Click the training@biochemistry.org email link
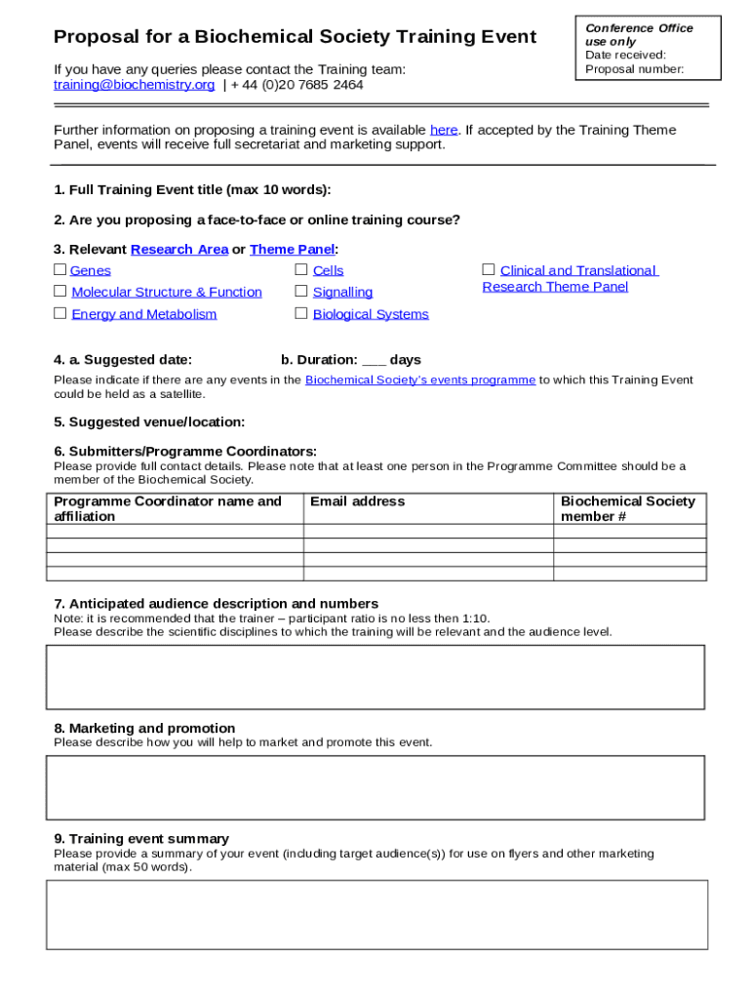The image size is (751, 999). click(x=134, y=85)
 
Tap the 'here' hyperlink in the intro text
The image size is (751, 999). click(x=444, y=130)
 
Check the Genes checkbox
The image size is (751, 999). click(x=60, y=270)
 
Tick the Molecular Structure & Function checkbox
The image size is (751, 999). click(x=60, y=292)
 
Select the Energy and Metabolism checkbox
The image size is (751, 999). click(x=60, y=313)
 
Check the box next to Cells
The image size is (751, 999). click(x=301, y=270)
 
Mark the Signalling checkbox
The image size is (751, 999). click(x=301, y=292)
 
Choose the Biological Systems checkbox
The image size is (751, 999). click(x=301, y=313)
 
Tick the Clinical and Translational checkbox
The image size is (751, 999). click(x=489, y=269)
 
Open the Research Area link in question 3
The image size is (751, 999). click(x=179, y=249)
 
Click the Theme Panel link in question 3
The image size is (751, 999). click(x=292, y=249)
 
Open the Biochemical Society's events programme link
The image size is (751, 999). click(x=420, y=380)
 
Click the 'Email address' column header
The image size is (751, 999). click(x=357, y=501)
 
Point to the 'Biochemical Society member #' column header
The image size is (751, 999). click(x=628, y=508)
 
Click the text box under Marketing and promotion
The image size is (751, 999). click(x=375, y=787)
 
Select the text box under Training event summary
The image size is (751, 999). click(x=375, y=914)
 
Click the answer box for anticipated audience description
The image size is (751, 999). click(x=375, y=676)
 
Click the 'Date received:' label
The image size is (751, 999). click(x=625, y=56)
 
